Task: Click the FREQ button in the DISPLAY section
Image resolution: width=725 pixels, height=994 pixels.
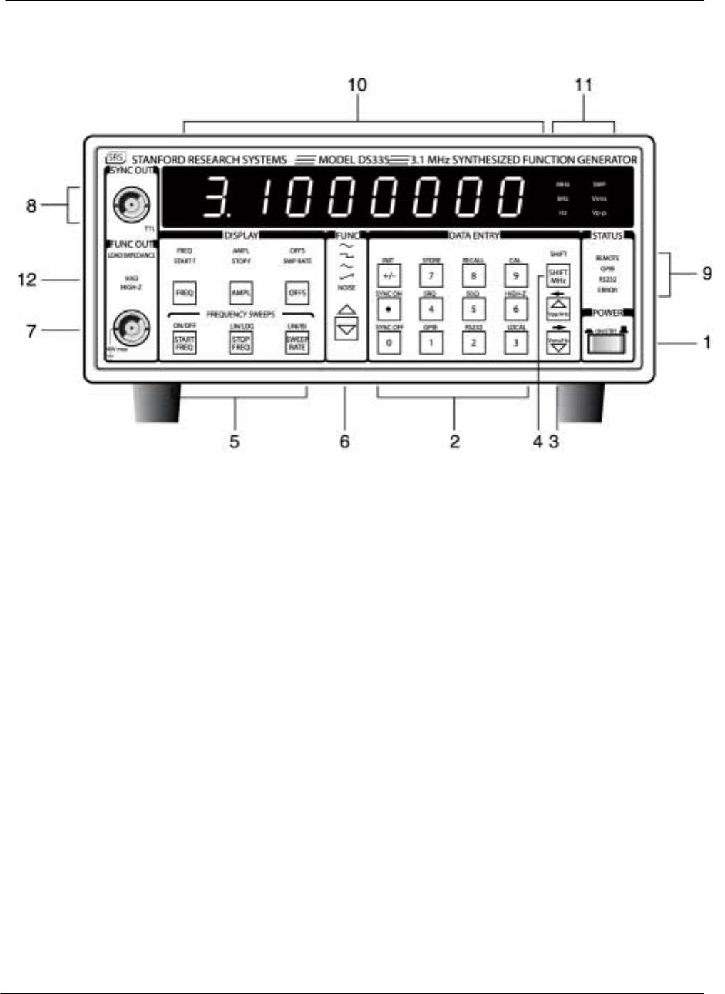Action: (x=184, y=293)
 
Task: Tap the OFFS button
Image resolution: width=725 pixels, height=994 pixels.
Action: (x=297, y=293)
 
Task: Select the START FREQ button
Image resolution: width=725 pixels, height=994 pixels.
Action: (x=184, y=343)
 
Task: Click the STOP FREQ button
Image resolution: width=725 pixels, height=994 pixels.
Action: (x=241, y=343)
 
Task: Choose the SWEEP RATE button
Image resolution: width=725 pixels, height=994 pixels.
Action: (x=297, y=343)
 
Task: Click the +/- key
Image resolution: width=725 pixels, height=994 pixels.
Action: (x=389, y=275)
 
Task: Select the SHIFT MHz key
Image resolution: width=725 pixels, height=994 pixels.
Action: (x=558, y=276)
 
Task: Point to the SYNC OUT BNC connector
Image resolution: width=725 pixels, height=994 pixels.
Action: (x=132, y=206)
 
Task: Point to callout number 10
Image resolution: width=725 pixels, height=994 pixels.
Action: (x=357, y=85)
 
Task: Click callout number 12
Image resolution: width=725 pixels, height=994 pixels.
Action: (x=27, y=280)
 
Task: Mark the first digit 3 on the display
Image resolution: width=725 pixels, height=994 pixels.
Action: (x=214, y=196)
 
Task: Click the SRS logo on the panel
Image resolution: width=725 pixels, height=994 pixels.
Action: (x=115, y=158)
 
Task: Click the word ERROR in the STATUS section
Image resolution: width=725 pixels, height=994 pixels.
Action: (x=607, y=290)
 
